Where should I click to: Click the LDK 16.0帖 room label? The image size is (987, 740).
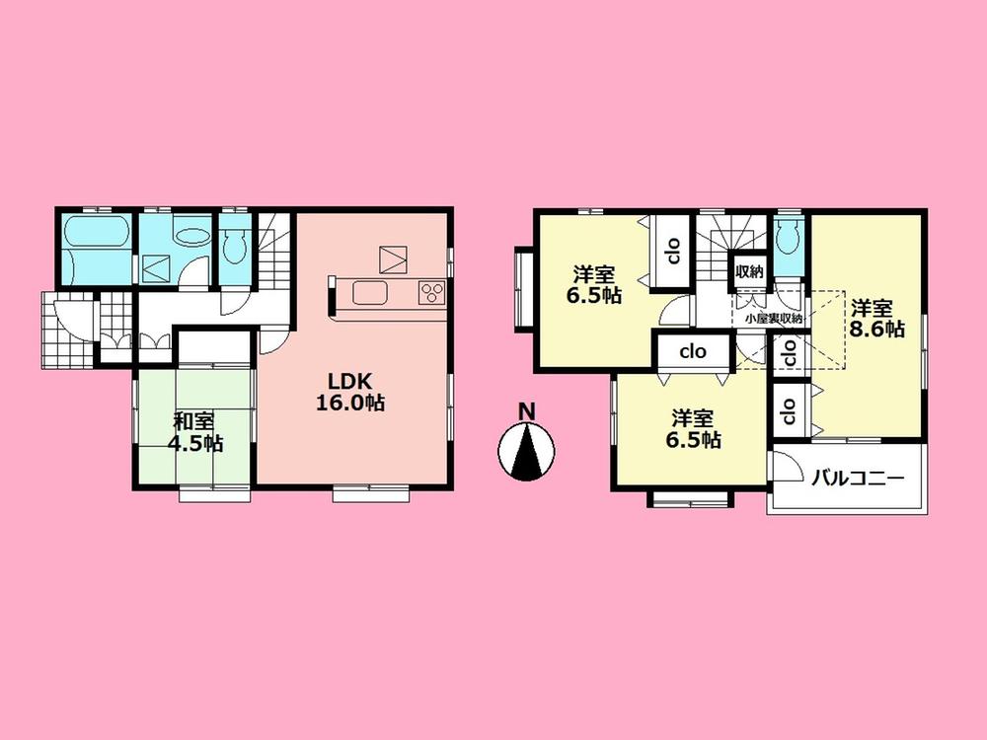pos(350,390)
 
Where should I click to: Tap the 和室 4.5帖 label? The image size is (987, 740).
pos(194,432)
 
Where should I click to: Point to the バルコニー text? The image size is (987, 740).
pos(858,480)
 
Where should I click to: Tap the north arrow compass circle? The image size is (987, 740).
pos(527,449)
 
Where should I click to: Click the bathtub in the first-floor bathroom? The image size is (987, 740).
pos(96,241)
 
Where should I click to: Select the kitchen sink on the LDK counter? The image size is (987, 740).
pos(372,294)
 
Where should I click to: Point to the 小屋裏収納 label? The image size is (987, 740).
pos(773,318)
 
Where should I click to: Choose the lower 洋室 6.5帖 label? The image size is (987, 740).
pos(696,428)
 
